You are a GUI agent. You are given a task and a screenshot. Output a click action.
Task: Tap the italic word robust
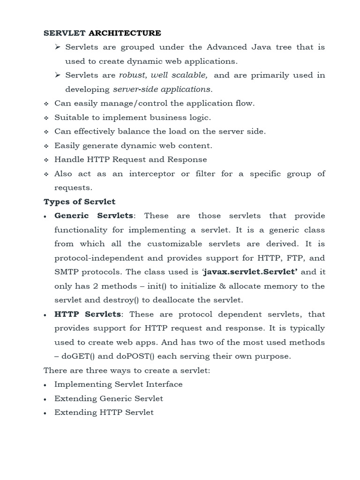click(x=132, y=75)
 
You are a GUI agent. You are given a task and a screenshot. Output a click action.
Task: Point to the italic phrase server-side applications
click(x=161, y=89)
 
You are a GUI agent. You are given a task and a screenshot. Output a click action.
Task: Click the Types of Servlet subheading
click(x=79, y=202)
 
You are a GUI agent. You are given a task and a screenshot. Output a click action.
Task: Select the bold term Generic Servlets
click(x=94, y=216)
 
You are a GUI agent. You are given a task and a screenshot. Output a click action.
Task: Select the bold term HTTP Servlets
click(x=88, y=314)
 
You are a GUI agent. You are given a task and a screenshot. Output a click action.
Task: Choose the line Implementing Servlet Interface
click(x=118, y=384)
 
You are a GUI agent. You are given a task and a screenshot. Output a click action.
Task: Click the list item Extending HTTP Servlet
click(x=104, y=412)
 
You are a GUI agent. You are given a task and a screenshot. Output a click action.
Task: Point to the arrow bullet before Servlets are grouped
click(x=58, y=47)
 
